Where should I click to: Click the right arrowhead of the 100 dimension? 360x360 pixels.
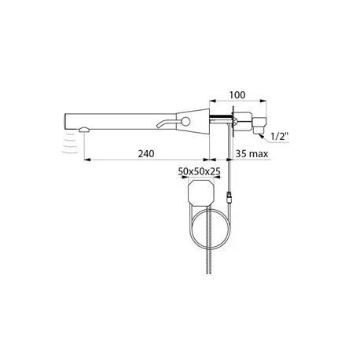tap(266, 102)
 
